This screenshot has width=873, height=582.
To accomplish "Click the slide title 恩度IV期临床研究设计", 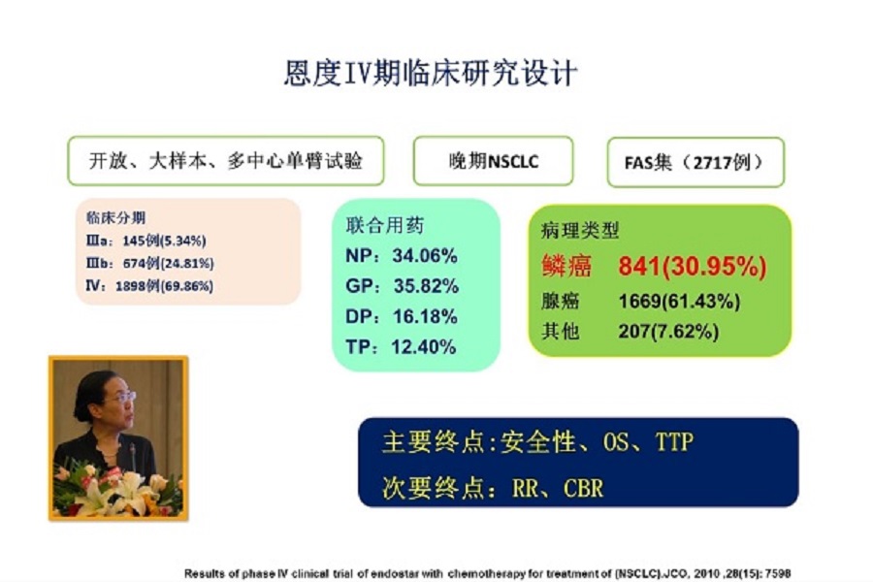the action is point(431,73).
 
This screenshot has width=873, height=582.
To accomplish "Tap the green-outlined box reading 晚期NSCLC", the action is point(494,161).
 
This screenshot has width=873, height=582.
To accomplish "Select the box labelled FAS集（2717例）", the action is point(695,162).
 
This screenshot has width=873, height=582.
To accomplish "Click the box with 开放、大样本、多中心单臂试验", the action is point(225,161).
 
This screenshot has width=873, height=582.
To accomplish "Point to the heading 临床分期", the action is point(115,217).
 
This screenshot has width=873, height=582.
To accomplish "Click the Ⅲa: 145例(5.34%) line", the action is point(145,241).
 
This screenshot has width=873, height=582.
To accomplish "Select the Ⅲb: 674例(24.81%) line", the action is point(149,264).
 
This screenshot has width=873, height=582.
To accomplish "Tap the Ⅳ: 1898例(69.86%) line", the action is point(149,286).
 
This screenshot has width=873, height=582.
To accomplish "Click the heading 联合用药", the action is point(385,225).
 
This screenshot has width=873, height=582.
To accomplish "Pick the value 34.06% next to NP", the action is point(425,256).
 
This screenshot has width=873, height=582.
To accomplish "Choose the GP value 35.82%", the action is point(426,286).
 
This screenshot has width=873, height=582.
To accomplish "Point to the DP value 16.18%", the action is point(425,316).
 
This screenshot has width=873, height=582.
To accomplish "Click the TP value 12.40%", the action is point(423,347).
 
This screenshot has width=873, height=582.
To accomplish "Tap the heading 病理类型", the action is point(580,230).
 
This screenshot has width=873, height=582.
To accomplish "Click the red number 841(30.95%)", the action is point(692,266).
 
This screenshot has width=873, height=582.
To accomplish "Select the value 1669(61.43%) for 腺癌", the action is point(679,302).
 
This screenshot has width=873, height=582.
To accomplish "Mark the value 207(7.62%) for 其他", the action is point(668,332).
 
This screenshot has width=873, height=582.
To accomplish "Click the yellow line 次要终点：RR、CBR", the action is point(493,488).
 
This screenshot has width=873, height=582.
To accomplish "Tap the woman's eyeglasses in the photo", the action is point(123,397).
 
